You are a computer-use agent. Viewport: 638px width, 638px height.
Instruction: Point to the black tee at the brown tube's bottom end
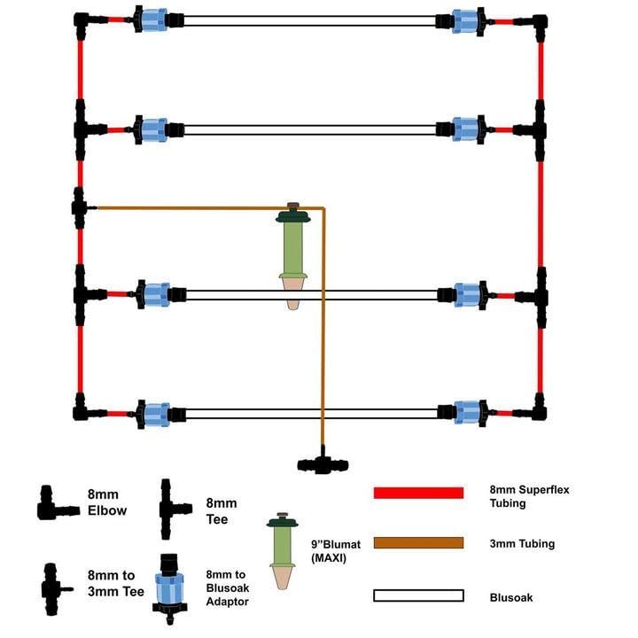[323, 463]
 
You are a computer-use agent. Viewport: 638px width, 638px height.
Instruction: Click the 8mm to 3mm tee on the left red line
[80, 207]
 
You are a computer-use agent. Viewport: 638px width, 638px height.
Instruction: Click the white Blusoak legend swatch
[418, 596]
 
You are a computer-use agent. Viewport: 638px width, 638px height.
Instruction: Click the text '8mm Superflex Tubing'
[522, 495]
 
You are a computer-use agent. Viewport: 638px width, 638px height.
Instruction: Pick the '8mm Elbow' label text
[107, 502]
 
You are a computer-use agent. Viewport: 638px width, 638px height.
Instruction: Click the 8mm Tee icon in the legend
[173, 509]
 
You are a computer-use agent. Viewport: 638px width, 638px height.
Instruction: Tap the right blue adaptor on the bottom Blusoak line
[467, 411]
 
